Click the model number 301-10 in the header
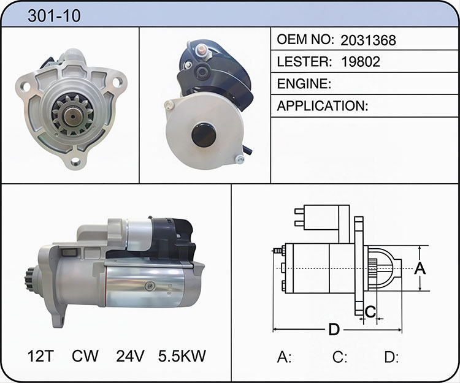[54, 15]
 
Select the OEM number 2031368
[368, 40]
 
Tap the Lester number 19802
[361, 61]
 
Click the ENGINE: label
[304, 84]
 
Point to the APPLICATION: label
[323, 106]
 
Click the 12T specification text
[40, 356]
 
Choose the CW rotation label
[85, 356]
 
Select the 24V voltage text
[130, 356]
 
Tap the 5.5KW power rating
[182, 356]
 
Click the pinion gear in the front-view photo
[72, 115]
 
